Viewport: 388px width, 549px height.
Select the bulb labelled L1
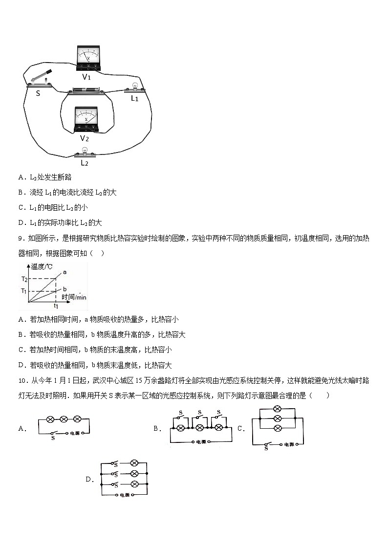(x=134, y=88)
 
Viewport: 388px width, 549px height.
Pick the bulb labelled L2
(x=84, y=153)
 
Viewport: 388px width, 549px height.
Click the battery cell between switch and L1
(x=86, y=91)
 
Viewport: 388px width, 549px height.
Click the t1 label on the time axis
(x=56, y=306)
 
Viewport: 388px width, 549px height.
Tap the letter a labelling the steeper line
(x=65, y=272)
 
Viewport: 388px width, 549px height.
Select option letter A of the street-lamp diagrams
(x=22, y=429)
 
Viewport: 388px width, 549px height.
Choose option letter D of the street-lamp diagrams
(x=89, y=480)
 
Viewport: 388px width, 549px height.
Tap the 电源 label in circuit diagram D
(x=127, y=495)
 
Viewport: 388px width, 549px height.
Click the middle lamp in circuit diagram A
(x=64, y=419)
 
